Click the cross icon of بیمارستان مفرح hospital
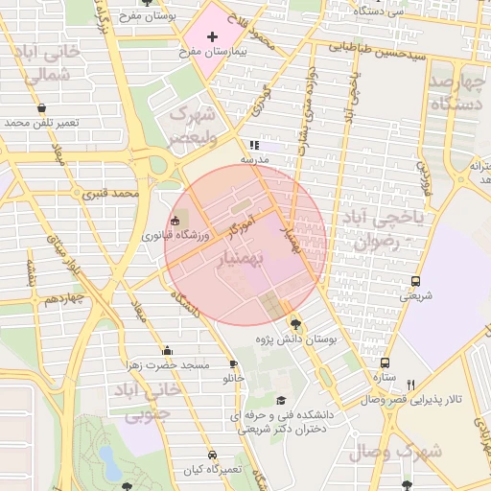[x=212, y=35]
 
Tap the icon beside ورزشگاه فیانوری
[x=174, y=222]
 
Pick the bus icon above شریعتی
[x=415, y=281]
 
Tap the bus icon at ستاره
[x=385, y=363]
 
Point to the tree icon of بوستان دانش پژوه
[x=294, y=323]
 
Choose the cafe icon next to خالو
[x=233, y=364]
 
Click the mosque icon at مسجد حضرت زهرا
[x=168, y=350]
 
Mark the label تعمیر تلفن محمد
[x=41, y=123]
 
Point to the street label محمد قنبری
[x=112, y=194]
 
